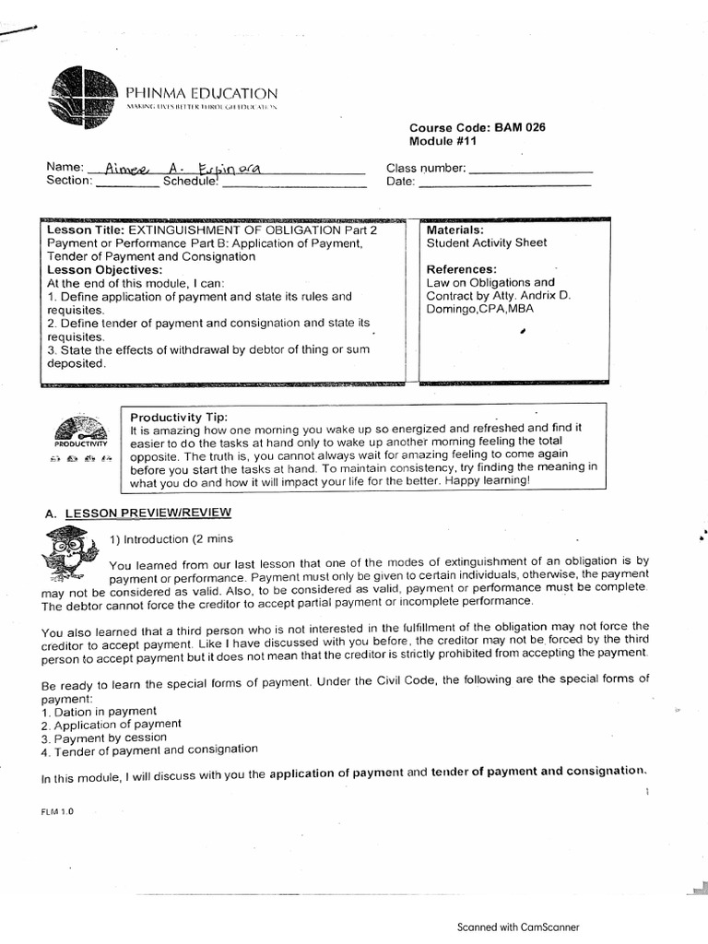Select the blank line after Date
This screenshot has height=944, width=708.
pos(504,184)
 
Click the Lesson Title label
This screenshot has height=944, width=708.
pos(86,230)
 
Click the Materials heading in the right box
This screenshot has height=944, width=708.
pos(455,230)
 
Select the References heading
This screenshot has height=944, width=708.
pos(462,269)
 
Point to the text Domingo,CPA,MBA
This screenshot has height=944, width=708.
pos(479,309)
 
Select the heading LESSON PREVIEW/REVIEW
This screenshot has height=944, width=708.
pos(147,513)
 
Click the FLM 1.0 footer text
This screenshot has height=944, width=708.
pos(56,811)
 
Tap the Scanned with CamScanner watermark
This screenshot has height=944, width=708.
pos(518,927)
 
